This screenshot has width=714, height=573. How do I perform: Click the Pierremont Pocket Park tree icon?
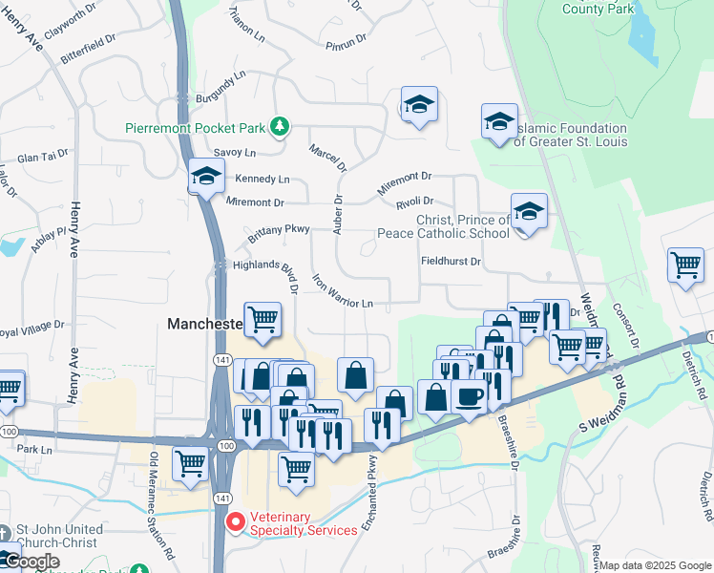[x=280, y=127]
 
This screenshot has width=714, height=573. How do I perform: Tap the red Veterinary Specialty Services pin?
[x=234, y=522]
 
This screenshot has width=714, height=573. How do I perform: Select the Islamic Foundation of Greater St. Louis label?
[x=570, y=136]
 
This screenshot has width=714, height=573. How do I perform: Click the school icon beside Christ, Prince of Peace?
[x=528, y=212]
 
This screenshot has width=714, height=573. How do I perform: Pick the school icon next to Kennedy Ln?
[x=206, y=176]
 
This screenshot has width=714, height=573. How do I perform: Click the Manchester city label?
[x=203, y=325]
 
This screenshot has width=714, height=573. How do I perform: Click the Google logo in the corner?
[x=31, y=562]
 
